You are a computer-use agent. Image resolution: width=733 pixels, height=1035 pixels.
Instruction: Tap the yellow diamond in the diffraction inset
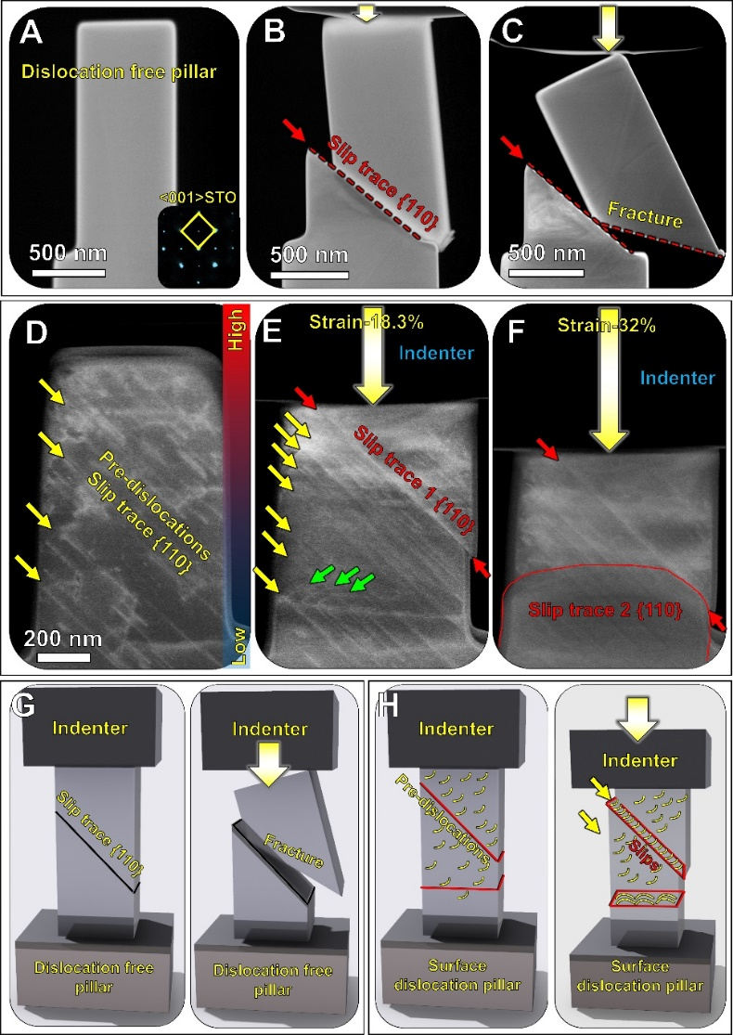[198, 229]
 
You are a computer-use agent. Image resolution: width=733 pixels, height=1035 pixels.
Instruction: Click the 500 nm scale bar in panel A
[68, 271]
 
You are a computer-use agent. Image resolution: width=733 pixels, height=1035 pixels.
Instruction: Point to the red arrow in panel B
[295, 129]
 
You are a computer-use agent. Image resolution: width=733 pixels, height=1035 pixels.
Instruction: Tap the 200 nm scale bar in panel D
[63, 657]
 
